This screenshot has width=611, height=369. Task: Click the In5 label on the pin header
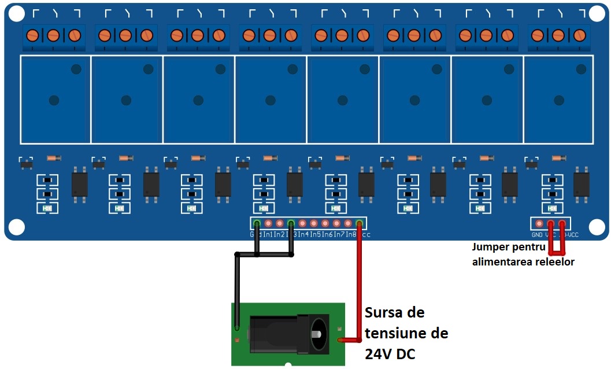[x=316, y=235]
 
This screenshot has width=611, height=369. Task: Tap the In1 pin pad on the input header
[x=268, y=223]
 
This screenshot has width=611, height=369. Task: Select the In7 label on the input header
[x=339, y=235]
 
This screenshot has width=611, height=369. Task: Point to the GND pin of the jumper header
[x=539, y=224]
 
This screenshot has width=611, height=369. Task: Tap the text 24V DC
[x=390, y=354]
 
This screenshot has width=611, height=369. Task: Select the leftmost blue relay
[x=55, y=99]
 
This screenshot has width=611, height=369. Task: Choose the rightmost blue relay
[x=558, y=99]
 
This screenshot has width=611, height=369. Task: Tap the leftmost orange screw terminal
[x=33, y=35]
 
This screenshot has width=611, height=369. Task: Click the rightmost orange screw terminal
[x=579, y=35]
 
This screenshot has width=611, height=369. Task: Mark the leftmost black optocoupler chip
[x=80, y=184]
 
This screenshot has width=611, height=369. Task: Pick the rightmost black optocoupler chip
[x=582, y=184]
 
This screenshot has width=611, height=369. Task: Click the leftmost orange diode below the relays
[x=53, y=158]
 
